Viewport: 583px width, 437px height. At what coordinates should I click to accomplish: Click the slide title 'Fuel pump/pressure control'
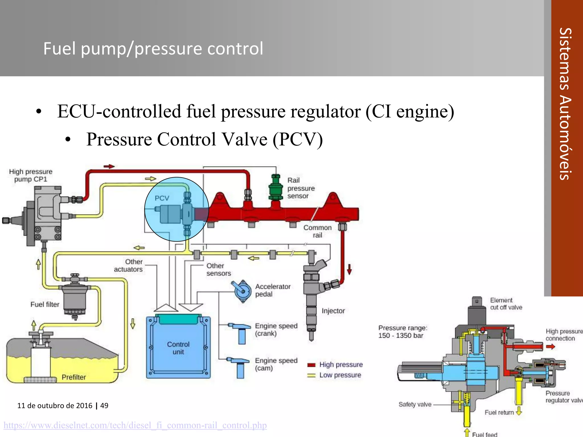tap(153, 48)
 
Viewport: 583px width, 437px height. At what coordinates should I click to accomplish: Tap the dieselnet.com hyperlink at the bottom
tap(135, 425)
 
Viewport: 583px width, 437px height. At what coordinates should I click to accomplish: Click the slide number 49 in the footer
tap(104, 405)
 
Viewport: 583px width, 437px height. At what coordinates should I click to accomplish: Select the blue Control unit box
tap(178, 348)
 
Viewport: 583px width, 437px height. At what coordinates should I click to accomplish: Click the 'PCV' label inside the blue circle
tap(162, 198)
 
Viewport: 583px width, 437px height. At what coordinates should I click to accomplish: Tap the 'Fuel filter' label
tap(45, 304)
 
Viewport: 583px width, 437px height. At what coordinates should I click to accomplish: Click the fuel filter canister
tap(75, 299)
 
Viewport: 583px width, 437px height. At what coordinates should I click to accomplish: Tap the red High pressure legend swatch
tap(311, 365)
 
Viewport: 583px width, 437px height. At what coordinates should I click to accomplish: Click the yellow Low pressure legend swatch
tap(311, 376)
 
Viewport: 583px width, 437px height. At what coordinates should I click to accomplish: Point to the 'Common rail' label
tap(317, 231)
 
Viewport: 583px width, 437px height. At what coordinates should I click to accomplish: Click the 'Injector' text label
tap(333, 311)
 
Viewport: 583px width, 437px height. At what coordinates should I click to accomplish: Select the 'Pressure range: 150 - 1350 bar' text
tap(403, 332)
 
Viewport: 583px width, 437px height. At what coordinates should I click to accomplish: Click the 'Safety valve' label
tap(415, 404)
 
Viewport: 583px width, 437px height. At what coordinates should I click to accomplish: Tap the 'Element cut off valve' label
tap(506, 304)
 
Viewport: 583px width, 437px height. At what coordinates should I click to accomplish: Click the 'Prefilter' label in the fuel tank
tap(74, 377)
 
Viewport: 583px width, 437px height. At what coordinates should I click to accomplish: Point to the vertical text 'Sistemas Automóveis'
tap(565, 104)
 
